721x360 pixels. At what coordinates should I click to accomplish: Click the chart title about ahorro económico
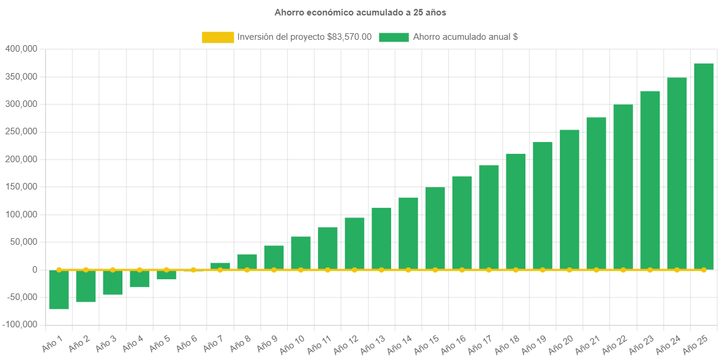(360, 12)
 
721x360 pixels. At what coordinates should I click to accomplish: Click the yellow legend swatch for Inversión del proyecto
(218, 37)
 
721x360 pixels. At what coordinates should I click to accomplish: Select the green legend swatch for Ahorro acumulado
(393, 37)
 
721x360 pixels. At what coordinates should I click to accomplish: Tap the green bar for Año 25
(703, 166)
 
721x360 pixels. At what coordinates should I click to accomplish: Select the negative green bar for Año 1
(59, 289)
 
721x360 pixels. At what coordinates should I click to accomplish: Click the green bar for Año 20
(569, 200)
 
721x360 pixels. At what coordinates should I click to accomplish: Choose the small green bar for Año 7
(220, 266)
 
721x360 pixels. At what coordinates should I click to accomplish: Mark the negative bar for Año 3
(112, 282)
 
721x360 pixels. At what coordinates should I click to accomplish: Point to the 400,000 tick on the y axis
(21, 49)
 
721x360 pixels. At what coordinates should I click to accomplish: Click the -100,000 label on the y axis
(20, 324)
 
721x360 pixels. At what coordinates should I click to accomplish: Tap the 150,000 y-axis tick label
(21, 187)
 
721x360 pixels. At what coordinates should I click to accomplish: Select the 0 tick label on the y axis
(35, 270)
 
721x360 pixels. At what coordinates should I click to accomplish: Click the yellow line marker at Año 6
(193, 270)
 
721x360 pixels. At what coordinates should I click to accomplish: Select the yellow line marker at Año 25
(703, 270)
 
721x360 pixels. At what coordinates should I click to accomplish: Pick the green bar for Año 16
(462, 223)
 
